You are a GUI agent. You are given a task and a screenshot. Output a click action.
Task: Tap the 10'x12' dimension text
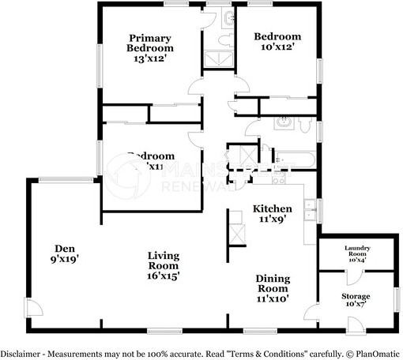(277, 48)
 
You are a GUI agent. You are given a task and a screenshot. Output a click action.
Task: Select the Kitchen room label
(273, 208)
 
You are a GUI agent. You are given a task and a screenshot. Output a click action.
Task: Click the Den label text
(65, 246)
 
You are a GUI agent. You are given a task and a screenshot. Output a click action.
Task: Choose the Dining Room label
(272, 283)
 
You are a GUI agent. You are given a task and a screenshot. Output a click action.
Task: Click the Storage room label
(356, 297)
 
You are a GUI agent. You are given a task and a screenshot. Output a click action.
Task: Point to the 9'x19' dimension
(65, 257)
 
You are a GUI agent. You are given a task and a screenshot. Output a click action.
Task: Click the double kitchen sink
(312, 209)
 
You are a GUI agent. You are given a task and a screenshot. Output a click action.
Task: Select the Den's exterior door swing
(32, 309)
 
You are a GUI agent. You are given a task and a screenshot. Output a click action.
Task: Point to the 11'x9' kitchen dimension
(273, 219)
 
